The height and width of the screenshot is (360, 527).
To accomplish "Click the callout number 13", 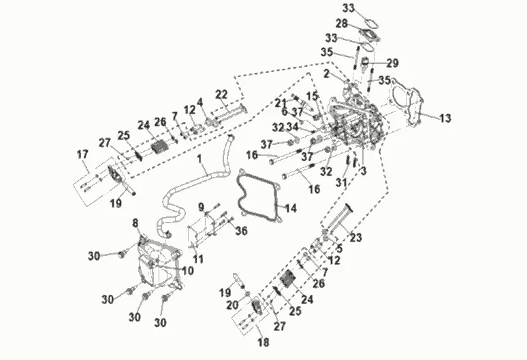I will pos(445,118).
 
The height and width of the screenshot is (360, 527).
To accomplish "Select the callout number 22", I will pos(221,94).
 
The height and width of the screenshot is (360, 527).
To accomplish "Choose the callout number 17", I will pos(83,154).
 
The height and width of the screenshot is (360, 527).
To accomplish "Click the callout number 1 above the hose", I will pos(201,159).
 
